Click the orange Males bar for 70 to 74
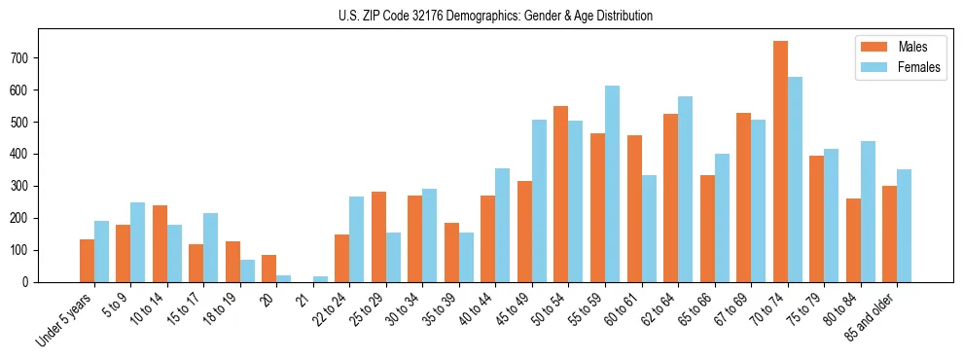pyautogui.click(x=780, y=162)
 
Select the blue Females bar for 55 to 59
pyautogui.click(x=612, y=184)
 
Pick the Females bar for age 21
pyautogui.click(x=320, y=279)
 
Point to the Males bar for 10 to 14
pyautogui.click(x=160, y=243)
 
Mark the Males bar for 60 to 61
pyautogui.click(x=634, y=208)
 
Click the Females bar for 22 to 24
pyautogui.click(x=357, y=239)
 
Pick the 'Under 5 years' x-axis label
pyautogui.click(x=64, y=318)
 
